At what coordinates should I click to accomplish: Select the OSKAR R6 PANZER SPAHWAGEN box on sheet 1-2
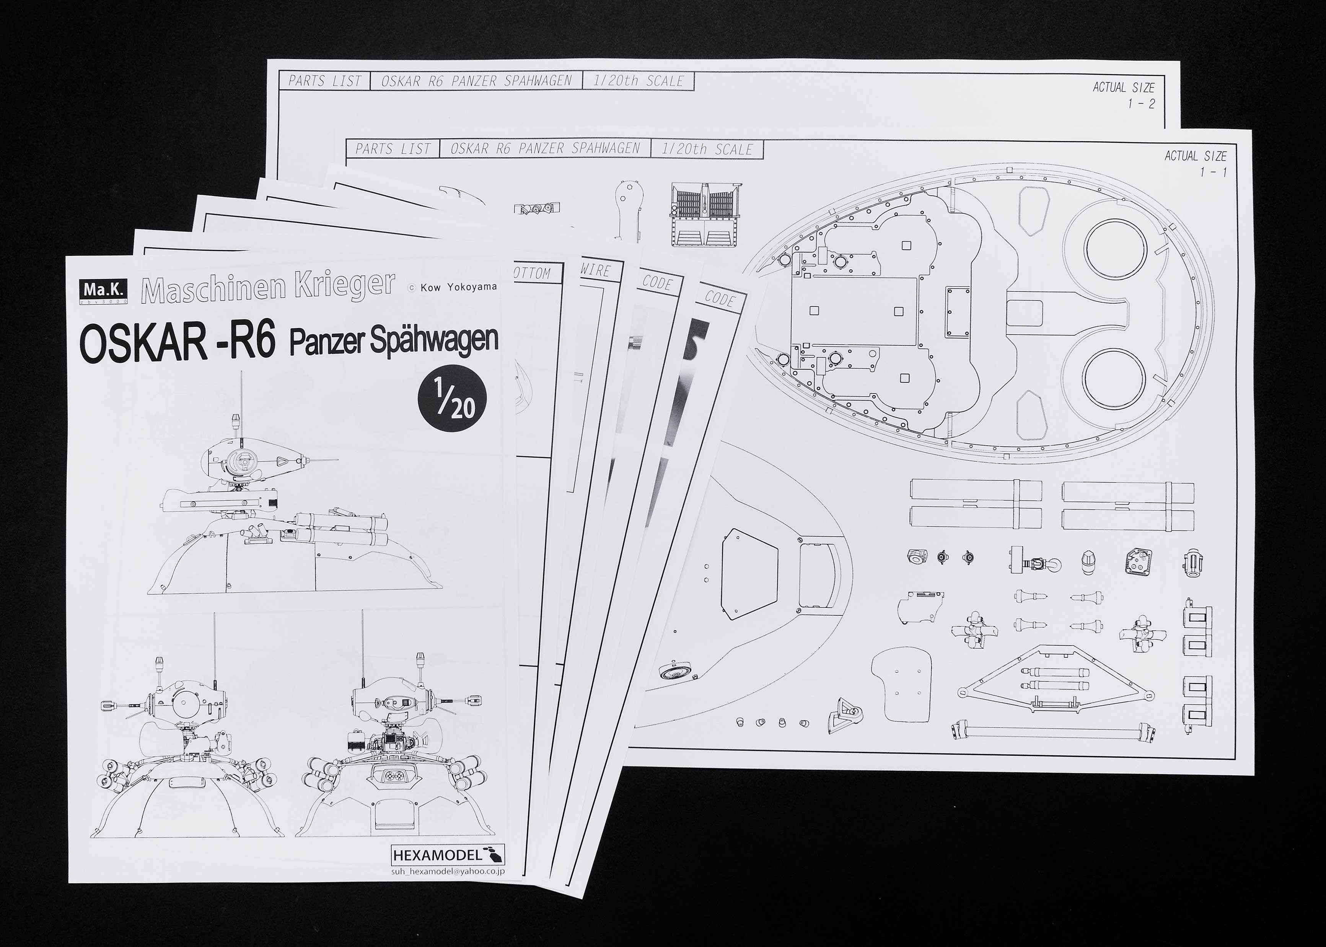click(476, 81)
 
